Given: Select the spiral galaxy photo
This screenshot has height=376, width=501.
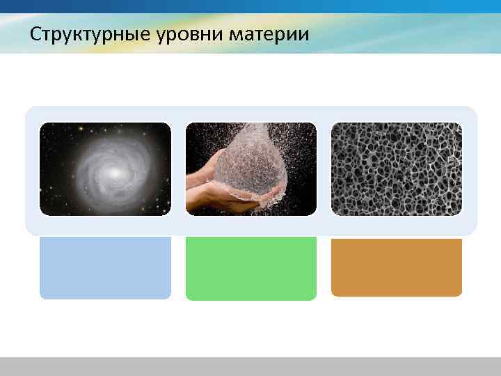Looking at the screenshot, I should pyautogui.click(x=105, y=169).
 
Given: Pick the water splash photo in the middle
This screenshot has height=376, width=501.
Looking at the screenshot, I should pyautogui.click(x=251, y=169).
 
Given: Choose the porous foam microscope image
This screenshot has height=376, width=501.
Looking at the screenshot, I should pyautogui.click(x=396, y=169).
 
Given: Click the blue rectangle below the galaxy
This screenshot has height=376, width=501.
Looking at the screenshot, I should pyautogui.click(x=105, y=267).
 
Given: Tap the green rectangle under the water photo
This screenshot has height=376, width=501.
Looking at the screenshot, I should pyautogui.click(x=251, y=268).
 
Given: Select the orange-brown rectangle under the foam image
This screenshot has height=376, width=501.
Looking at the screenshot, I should pyautogui.click(x=396, y=267).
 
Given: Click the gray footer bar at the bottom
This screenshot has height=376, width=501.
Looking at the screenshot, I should pyautogui.click(x=250, y=366).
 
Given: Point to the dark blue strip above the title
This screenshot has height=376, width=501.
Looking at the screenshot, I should pyautogui.click(x=250, y=6).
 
